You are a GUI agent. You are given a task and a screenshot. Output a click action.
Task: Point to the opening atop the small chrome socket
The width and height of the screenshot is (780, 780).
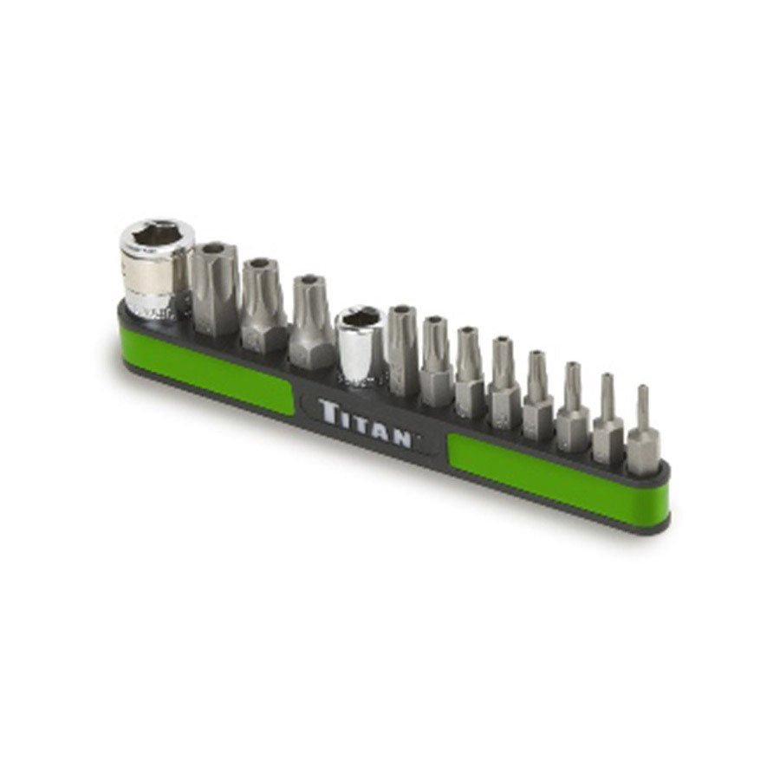(x=361, y=316)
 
